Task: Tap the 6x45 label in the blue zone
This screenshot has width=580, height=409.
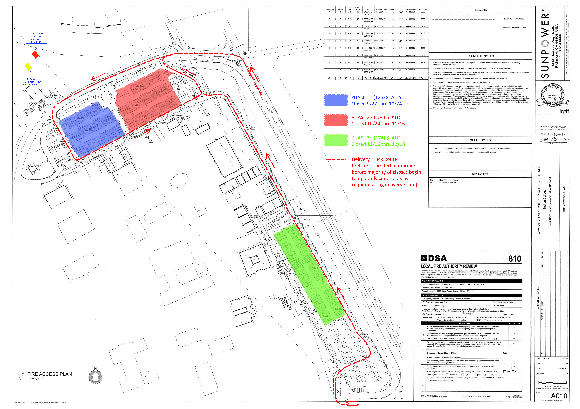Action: tap(80, 118)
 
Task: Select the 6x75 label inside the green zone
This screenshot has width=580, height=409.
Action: tap(302, 274)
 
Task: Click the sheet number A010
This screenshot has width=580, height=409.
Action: tap(559, 396)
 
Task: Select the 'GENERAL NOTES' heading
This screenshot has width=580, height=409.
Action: tap(481, 56)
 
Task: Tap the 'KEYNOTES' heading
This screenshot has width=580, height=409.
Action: tap(480, 174)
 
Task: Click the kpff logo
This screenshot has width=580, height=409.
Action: tap(564, 112)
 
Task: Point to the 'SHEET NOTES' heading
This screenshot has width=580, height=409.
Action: tap(480, 140)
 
